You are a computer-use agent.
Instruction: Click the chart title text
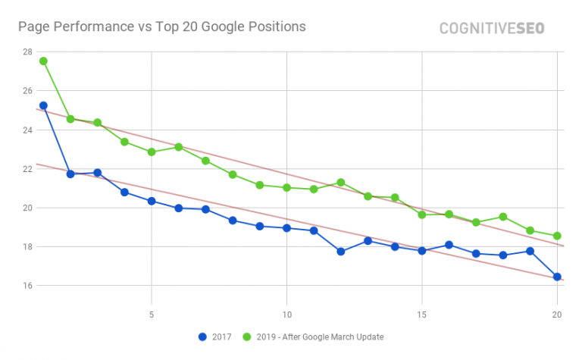[161, 27]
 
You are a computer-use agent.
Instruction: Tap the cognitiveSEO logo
[492, 28]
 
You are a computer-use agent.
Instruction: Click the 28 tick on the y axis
[27, 52]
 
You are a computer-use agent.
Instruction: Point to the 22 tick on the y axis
[27, 168]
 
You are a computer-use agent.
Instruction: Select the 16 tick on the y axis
[27, 286]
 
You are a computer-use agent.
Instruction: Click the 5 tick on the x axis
[152, 313]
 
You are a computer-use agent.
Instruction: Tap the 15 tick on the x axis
[422, 313]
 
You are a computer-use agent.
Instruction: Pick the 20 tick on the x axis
[557, 313]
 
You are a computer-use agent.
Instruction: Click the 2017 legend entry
[216, 337]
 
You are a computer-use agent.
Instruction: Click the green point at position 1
[43, 61]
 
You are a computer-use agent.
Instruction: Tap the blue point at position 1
[43, 105]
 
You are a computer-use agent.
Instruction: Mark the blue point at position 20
[557, 277]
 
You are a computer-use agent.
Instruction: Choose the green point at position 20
[557, 236]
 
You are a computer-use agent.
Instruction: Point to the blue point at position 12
[341, 252]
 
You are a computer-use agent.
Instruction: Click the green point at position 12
[341, 182]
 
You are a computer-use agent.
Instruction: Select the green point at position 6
[179, 147]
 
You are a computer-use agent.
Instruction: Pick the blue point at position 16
[449, 245]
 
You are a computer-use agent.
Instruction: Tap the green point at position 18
[503, 217]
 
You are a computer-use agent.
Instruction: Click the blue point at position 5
[152, 201]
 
